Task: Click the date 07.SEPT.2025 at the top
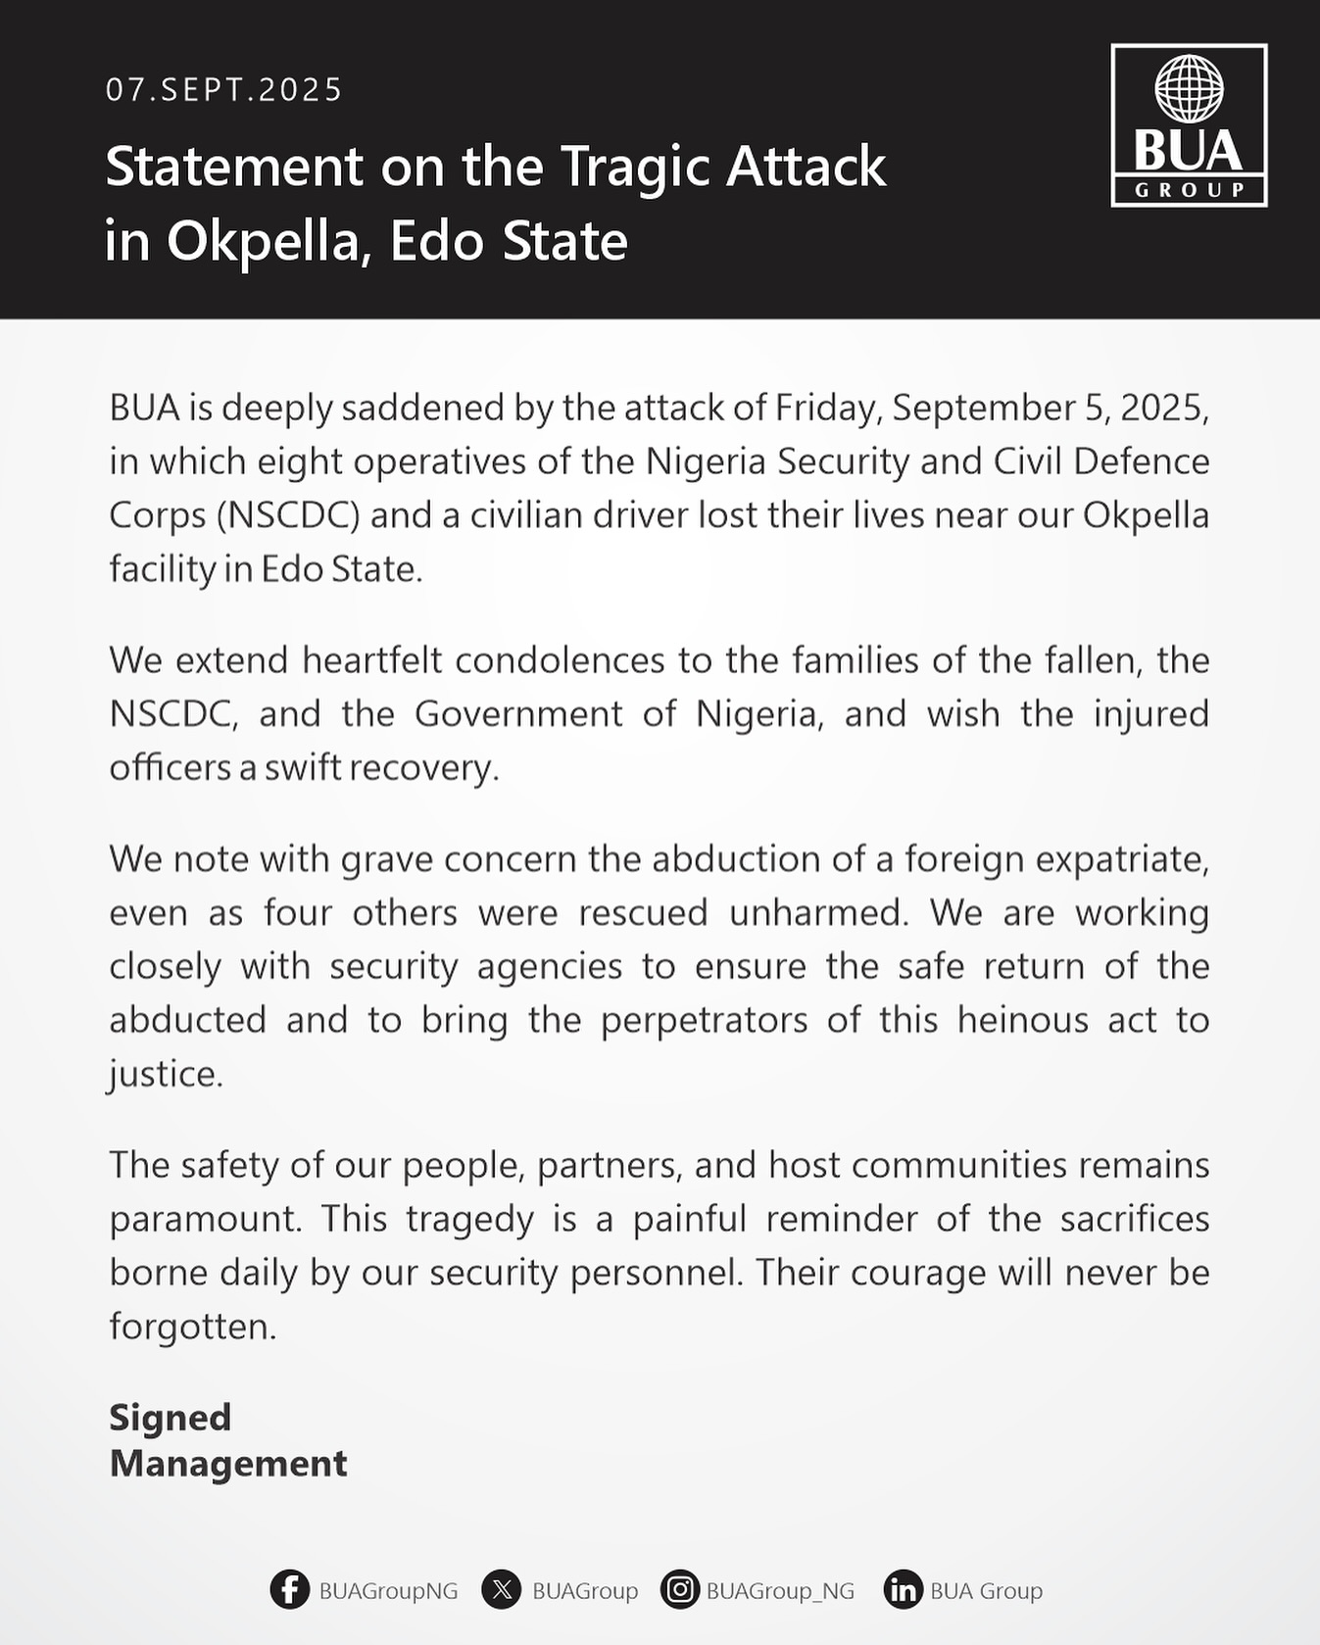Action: pyautogui.click(x=224, y=90)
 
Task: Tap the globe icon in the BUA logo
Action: pyautogui.click(x=1189, y=88)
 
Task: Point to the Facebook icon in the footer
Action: pyautogui.click(x=289, y=1589)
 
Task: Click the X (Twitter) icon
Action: pyautogui.click(x=501, y=1589)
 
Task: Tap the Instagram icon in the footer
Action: pyautogui.click(x=679, y=1589)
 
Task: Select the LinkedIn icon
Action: pyautogui.click(x=903, y=1589)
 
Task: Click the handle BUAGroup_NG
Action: pyautogui.click(x=780, y=1590)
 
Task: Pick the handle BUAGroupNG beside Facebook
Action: pyautogui.click(x=388, y=1590)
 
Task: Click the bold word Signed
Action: pyautogui.click(x=170, y=1418)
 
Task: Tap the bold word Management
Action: pyautogui.click(x=227, y=1464)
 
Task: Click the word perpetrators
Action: pyautogui.click(x=704, y=1020)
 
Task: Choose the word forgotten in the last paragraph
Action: pyautogui.click(x=192, y=1327)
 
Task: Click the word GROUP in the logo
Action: pyautogui.click(x=1189, y=190)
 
